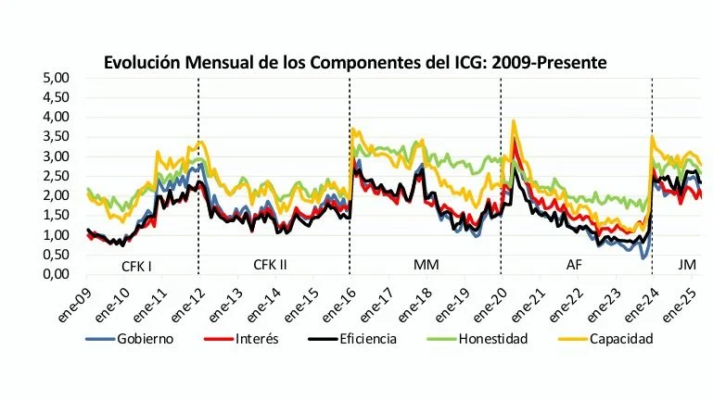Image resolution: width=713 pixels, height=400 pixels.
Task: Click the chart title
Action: coord(356,63)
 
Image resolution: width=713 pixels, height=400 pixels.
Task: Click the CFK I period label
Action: coord(137,266)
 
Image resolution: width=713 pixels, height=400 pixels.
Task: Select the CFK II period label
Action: coord(270,266)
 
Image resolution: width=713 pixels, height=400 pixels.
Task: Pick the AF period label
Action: coord(575,266)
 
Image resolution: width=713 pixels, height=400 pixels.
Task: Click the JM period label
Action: coord(687,266)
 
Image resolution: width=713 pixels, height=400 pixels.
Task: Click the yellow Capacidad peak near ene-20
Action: coord(513,121)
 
